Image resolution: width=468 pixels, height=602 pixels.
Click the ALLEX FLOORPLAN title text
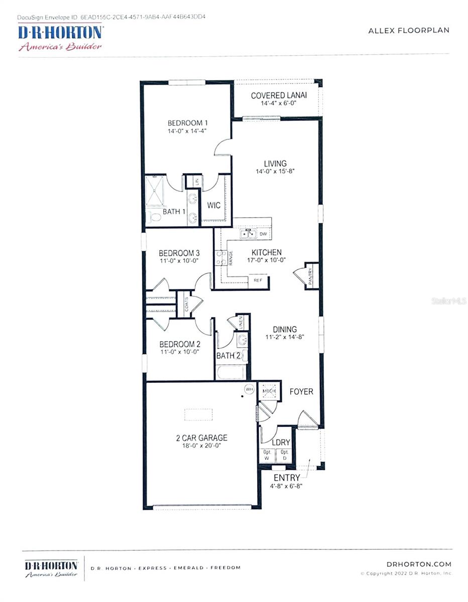(409, 30)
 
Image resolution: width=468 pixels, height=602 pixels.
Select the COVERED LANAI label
(279, 95)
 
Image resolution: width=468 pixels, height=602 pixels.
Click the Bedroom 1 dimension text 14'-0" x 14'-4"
(187, 131)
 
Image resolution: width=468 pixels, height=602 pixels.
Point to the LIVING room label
(275, 164)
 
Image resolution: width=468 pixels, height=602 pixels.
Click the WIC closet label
(214, 206)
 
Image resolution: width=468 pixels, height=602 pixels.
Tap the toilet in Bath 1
(153, 217)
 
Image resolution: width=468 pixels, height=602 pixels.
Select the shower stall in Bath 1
(155, 191)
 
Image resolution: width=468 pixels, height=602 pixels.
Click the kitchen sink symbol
(248, 234)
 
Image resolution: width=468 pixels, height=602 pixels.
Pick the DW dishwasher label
(263, 234)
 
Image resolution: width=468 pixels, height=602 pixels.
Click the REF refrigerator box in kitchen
(258, 281)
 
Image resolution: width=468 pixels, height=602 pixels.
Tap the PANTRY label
(310, 277)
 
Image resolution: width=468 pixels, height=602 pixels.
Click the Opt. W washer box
(266, 456)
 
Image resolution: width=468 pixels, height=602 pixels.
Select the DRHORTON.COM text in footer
(419, 564)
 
